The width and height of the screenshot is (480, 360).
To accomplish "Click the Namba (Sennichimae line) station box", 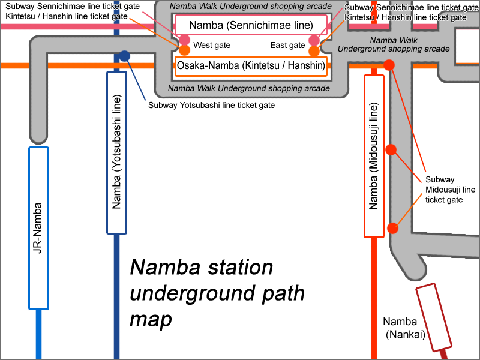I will (x=251, y=25).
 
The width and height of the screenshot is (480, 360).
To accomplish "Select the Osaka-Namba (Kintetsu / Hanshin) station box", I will (x=251, y=65).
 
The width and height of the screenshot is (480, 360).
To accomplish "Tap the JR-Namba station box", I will (x=38, y=228).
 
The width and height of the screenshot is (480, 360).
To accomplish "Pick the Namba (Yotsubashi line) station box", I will (x=116, y=152).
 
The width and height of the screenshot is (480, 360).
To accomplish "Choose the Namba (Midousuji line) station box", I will (x=374, y=156).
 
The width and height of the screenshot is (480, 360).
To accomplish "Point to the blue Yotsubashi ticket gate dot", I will (x=124, y=56).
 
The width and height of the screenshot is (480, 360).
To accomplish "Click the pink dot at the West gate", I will (x=185, y=40).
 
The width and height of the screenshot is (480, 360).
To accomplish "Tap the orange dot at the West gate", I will (x=185, y=50).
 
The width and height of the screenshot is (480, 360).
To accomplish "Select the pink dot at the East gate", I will (x=314, y=40).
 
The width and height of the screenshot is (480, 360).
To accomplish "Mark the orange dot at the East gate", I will (x=314, y=51).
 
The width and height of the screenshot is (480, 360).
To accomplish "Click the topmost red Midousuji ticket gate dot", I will (x=389, y=65).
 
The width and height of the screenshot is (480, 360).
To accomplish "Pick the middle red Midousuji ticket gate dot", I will (x=391, y=149).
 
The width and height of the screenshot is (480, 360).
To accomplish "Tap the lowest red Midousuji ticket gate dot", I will (x=393, y=228).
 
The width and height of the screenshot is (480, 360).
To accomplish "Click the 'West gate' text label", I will (x=212, y=46).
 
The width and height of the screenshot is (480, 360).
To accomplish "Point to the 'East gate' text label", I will (x=288, y=46).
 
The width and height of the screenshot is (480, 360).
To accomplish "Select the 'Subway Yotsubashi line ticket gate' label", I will (x=211, y=105).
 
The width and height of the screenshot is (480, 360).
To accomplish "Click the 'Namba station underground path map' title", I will (x=216, y=293).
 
